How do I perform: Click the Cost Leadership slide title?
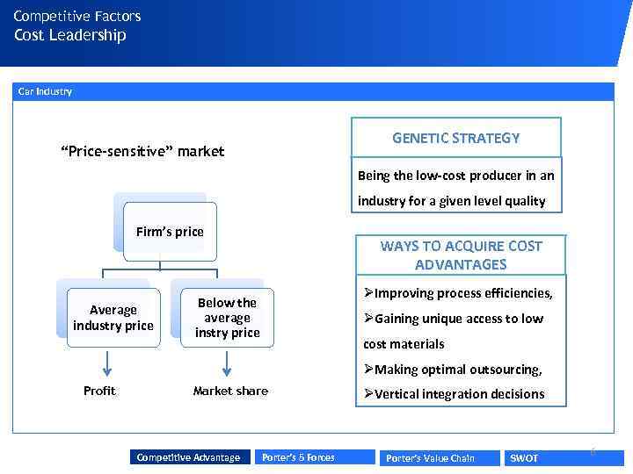pyautogui.click(x=69, y=35)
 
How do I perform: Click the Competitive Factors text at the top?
pyautogui.click(x=77, y=16)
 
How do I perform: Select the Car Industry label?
pyautogui.click(x=45, y=91)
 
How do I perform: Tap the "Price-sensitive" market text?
pyautogui.click(x=142, y=151)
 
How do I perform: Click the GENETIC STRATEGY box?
pyautogui.click(x=455, y=138)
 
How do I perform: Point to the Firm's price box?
pyautogui.click(x=170, y=232)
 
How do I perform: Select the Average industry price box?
pyautogui.click(x=113, y=318)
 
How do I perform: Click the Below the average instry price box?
pyautogui.click(x=227, y=318)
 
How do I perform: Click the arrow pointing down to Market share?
pyautogui.click(x=227, y=363)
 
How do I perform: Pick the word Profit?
pyautogui.click(x=99, y=391)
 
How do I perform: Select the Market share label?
pyautogui.click(x=230, y=391)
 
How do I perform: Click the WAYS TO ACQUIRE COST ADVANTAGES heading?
pyautogui.click(x=461, y=255)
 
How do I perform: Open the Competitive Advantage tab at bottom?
pyautogui.click(x=188, y=457)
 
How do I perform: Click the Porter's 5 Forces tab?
pyautogui.click(x=298, y=457)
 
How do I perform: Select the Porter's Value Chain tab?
pyautogui.click(x=430, y=458)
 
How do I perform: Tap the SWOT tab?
pyautogui.click(x=525, y=458)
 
